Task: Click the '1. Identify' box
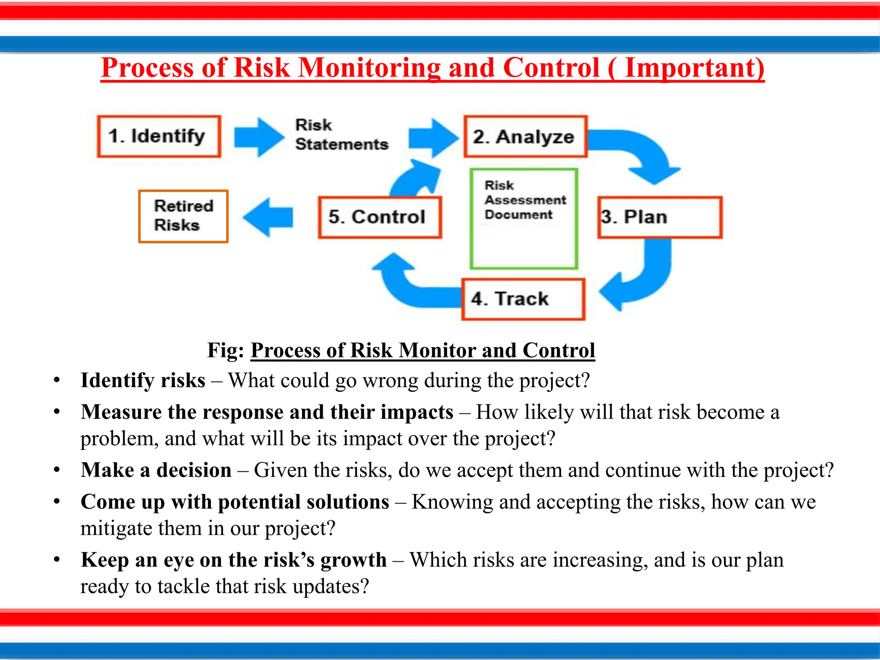coord(159,136)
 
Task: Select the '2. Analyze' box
coord(525,137)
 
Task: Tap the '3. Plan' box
coord(660,217)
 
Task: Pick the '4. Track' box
coord(523,299)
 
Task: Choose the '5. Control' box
coord(379,217)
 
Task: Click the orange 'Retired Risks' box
coord(183,216)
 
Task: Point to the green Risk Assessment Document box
coord(523,219)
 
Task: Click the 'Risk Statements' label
coord(341,135)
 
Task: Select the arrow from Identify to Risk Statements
coord(259,137)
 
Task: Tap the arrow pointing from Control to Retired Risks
coord(269,217)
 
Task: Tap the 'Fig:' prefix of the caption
coord(226,350)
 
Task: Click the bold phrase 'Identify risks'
coord(143,381)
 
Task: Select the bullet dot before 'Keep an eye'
coord(57,560)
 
